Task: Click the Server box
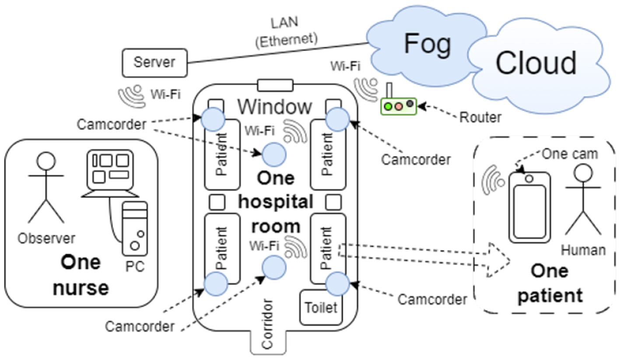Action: click(155, 63)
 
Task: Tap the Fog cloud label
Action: click(427, 44)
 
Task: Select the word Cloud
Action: click(536, 63)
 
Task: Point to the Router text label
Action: click(480, 117)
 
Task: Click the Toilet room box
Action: click(321, 308)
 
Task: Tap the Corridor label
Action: click(267, 324)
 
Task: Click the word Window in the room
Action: click(275, 107)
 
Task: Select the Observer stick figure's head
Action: click(46, 161)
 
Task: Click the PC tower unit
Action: click(135, 229)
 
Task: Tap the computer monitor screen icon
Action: click(110, 170)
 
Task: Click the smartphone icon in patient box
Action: click(529, 207)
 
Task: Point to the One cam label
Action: click(570, 154)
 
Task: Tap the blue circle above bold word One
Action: click(274, 155)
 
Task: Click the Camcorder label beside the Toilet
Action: click(432, 300)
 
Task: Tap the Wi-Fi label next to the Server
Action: click(165, 94)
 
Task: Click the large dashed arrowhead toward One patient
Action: click(498, 260)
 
